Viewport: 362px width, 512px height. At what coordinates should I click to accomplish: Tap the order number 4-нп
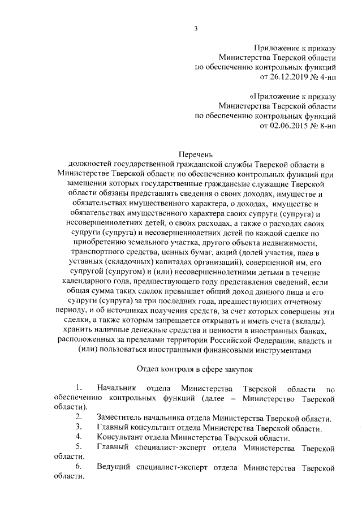tap(326, 76)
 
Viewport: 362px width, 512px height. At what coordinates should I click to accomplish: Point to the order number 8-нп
tap(326, 125)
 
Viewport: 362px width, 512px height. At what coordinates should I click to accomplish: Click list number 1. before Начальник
tap(79, 388)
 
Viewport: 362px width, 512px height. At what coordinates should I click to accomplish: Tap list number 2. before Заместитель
tap(79, 418)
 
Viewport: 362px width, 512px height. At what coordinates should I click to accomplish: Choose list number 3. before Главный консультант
tap(79, 427)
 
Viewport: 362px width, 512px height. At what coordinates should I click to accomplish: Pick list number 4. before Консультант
tap(79, 437)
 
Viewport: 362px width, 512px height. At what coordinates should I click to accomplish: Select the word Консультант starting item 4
tap(119, 437)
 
